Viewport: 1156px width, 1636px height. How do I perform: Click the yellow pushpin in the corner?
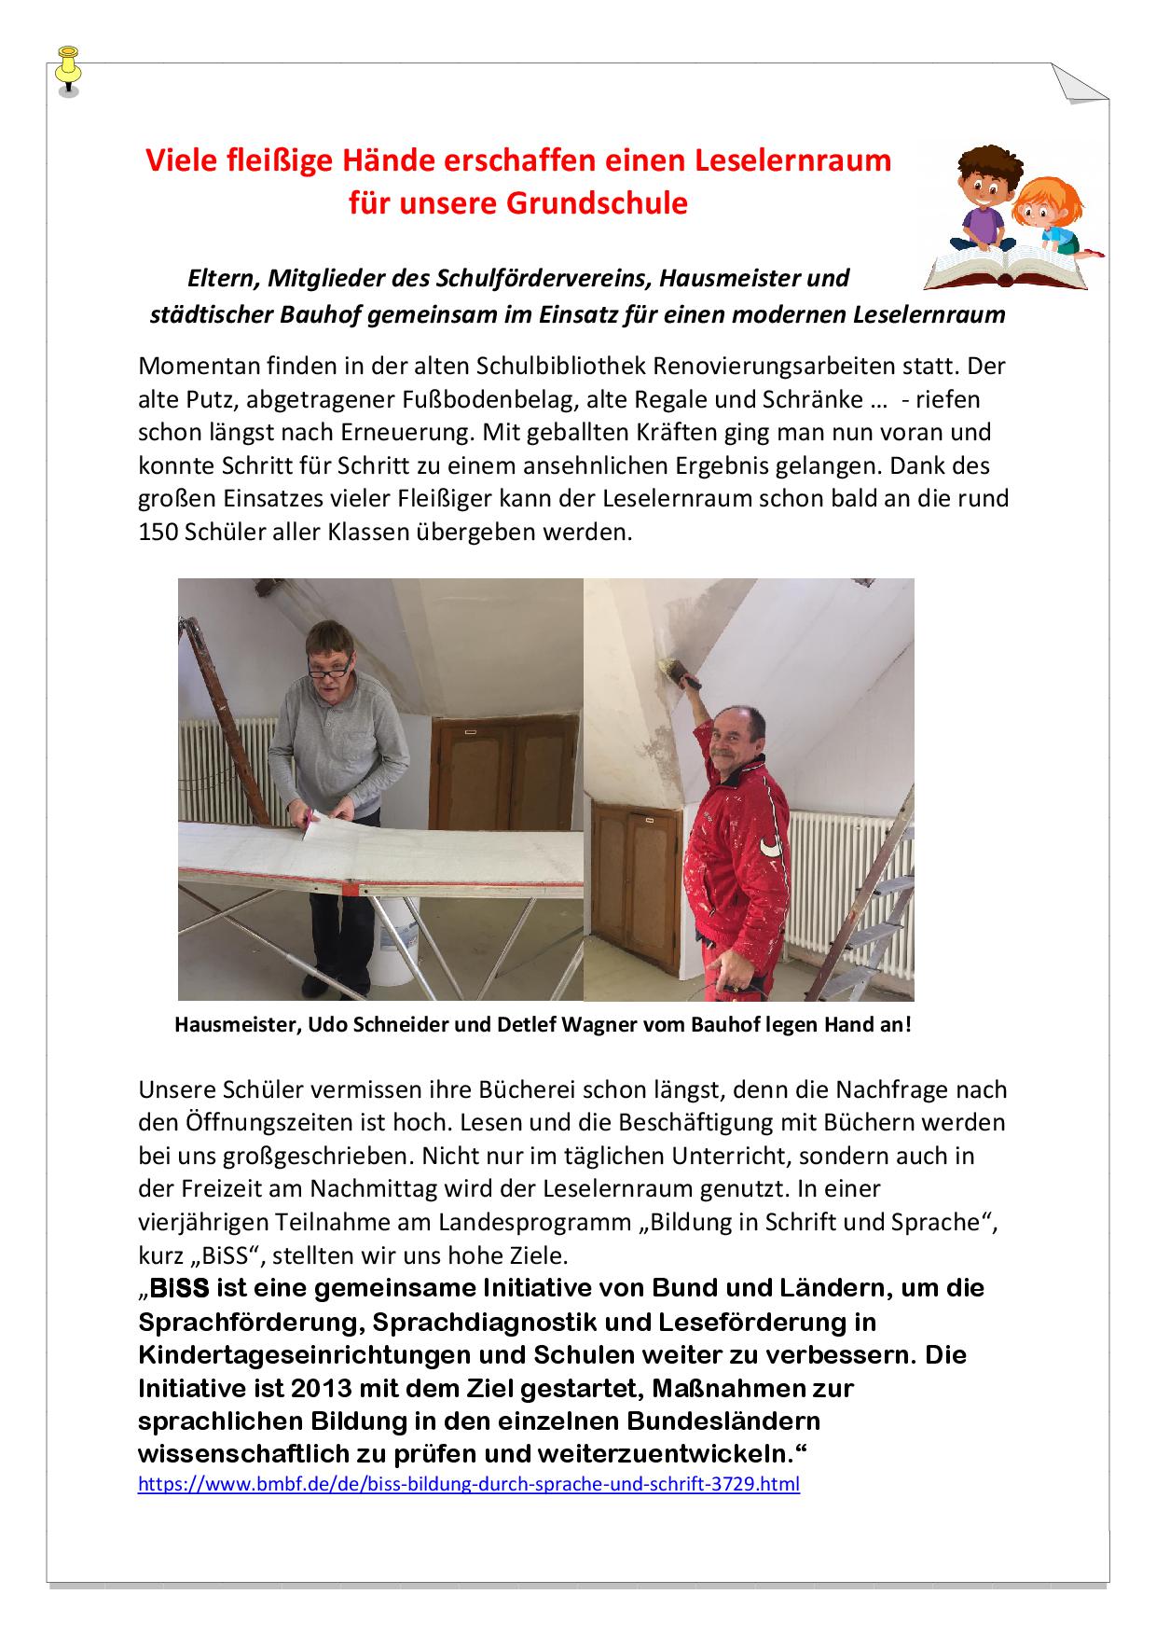pyautogui.click(x=68, y=68)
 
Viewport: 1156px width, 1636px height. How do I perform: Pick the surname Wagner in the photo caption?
pyautogui.click(x=611, y=1024)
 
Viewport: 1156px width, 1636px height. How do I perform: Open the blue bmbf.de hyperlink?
pyautogui.click(x=468, y=1483)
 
